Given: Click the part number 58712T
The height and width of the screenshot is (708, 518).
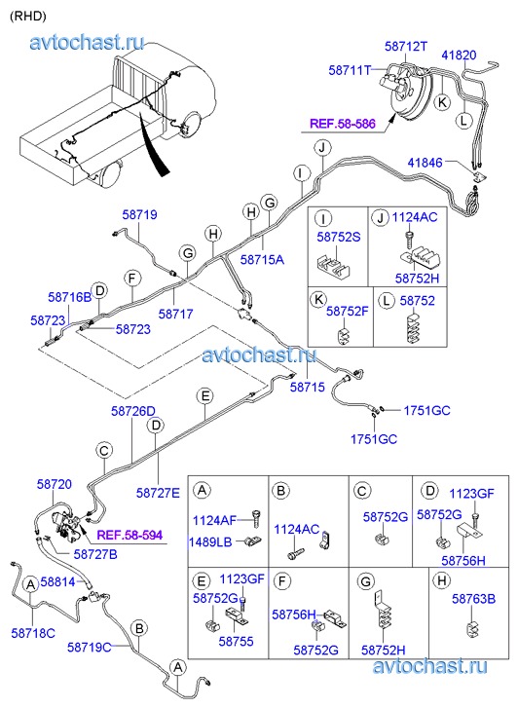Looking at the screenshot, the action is tap(406, 47).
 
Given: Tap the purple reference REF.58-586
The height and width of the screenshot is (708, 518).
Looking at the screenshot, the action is tap(343, 124).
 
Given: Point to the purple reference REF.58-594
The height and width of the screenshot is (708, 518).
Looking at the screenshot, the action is tap(130, 536).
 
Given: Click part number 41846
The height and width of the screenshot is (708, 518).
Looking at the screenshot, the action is tap(425, 162).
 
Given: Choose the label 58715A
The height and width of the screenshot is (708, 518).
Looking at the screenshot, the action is tap(262, 260).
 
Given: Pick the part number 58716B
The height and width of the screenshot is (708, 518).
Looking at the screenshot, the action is tap(70, 297).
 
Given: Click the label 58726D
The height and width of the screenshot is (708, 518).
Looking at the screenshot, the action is tap(133, 411).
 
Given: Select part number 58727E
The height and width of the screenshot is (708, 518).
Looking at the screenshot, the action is tap(158, 493).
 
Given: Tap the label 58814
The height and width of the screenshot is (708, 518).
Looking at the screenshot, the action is tap(57, 582).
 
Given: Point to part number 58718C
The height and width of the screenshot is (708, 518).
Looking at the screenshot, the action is tap(33, 633).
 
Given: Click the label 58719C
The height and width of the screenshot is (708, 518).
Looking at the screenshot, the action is tap(90, 647).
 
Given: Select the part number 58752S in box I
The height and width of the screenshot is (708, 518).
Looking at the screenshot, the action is tap(339, 237).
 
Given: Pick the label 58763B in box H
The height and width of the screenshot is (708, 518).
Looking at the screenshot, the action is tap(474, 599).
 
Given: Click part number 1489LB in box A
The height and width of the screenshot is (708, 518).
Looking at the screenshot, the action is tap(210, 541).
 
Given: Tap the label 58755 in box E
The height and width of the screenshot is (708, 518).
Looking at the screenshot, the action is tap(237, 641).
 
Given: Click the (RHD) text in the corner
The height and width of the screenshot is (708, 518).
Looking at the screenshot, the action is tap(28, 17).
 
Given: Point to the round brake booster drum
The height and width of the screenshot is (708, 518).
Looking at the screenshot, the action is tap(410, 94).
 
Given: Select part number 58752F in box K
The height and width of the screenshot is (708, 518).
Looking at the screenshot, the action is tap(348, 311).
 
